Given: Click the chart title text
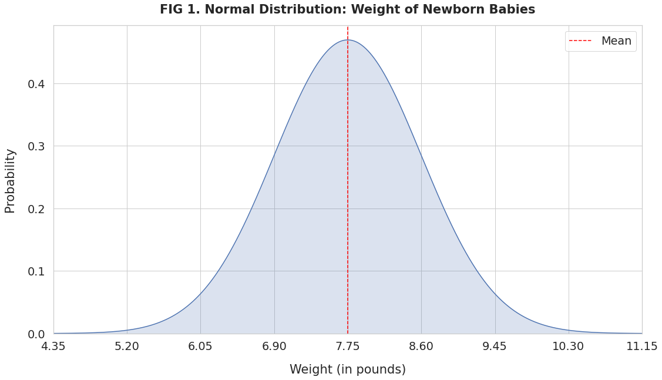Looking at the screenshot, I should click(347, 10).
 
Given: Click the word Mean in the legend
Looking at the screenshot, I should click(616, 41).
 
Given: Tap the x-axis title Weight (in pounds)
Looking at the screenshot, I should click(347, 369).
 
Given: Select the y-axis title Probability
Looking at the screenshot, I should click(10, 180).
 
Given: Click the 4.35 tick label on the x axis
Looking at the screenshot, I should click(53, 347).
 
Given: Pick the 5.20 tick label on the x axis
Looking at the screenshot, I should click(127, 347).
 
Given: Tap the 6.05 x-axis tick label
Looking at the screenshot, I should click(200, 347).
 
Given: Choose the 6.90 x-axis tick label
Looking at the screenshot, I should click(274, 347).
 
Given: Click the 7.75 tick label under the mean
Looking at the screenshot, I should click(348, 347).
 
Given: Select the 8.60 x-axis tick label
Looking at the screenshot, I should click(421, 347).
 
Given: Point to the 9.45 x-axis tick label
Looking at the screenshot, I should click(495, 347).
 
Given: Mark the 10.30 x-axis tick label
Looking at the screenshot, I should click(568, 347).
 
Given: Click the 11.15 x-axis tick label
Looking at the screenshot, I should click(641, 347).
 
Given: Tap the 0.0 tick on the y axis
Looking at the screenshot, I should click(36, 334).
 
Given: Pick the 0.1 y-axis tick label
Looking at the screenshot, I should click(36, 271).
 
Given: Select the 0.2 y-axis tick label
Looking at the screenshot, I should click(36, 209).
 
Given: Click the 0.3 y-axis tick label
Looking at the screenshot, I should click(36, 146).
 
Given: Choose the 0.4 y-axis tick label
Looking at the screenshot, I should click(36, 84).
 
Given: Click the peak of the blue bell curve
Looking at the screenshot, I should click(348, 40).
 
